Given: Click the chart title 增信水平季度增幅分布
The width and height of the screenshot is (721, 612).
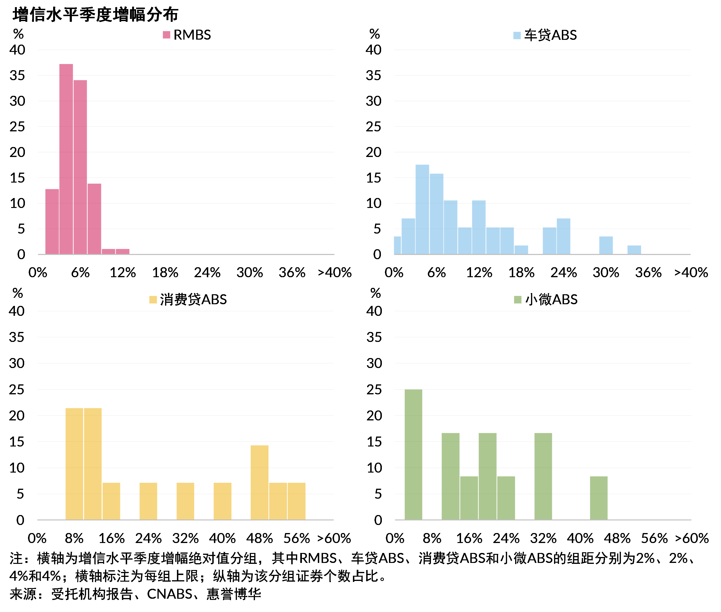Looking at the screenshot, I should click(x=95, y=14).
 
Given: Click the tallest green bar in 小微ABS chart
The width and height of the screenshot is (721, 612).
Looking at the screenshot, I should click(x=413, y=455).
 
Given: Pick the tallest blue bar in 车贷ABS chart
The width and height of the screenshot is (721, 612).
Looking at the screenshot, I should click(x=422, y=210).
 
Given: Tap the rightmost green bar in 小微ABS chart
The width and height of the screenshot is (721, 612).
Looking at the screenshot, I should click(x=599, y=498).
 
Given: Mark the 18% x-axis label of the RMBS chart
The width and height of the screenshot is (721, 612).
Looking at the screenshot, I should click(x=165, y=273).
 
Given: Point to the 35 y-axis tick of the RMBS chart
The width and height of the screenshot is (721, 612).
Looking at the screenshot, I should click(x=17, y=75).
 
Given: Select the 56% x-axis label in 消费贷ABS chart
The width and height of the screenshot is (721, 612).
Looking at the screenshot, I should click(x=296, y=538).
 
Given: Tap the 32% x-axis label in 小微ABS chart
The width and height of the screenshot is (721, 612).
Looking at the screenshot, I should click(x=543, y=538).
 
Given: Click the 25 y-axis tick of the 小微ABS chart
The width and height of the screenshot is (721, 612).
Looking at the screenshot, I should click(x=374, y=390).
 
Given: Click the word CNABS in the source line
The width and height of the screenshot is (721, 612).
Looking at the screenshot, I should click(x=170, y=594).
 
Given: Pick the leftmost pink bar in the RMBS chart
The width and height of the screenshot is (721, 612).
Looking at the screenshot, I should click(x=52, y=222).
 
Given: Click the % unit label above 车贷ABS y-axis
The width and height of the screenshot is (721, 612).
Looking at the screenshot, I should click(x=374, y=34).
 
